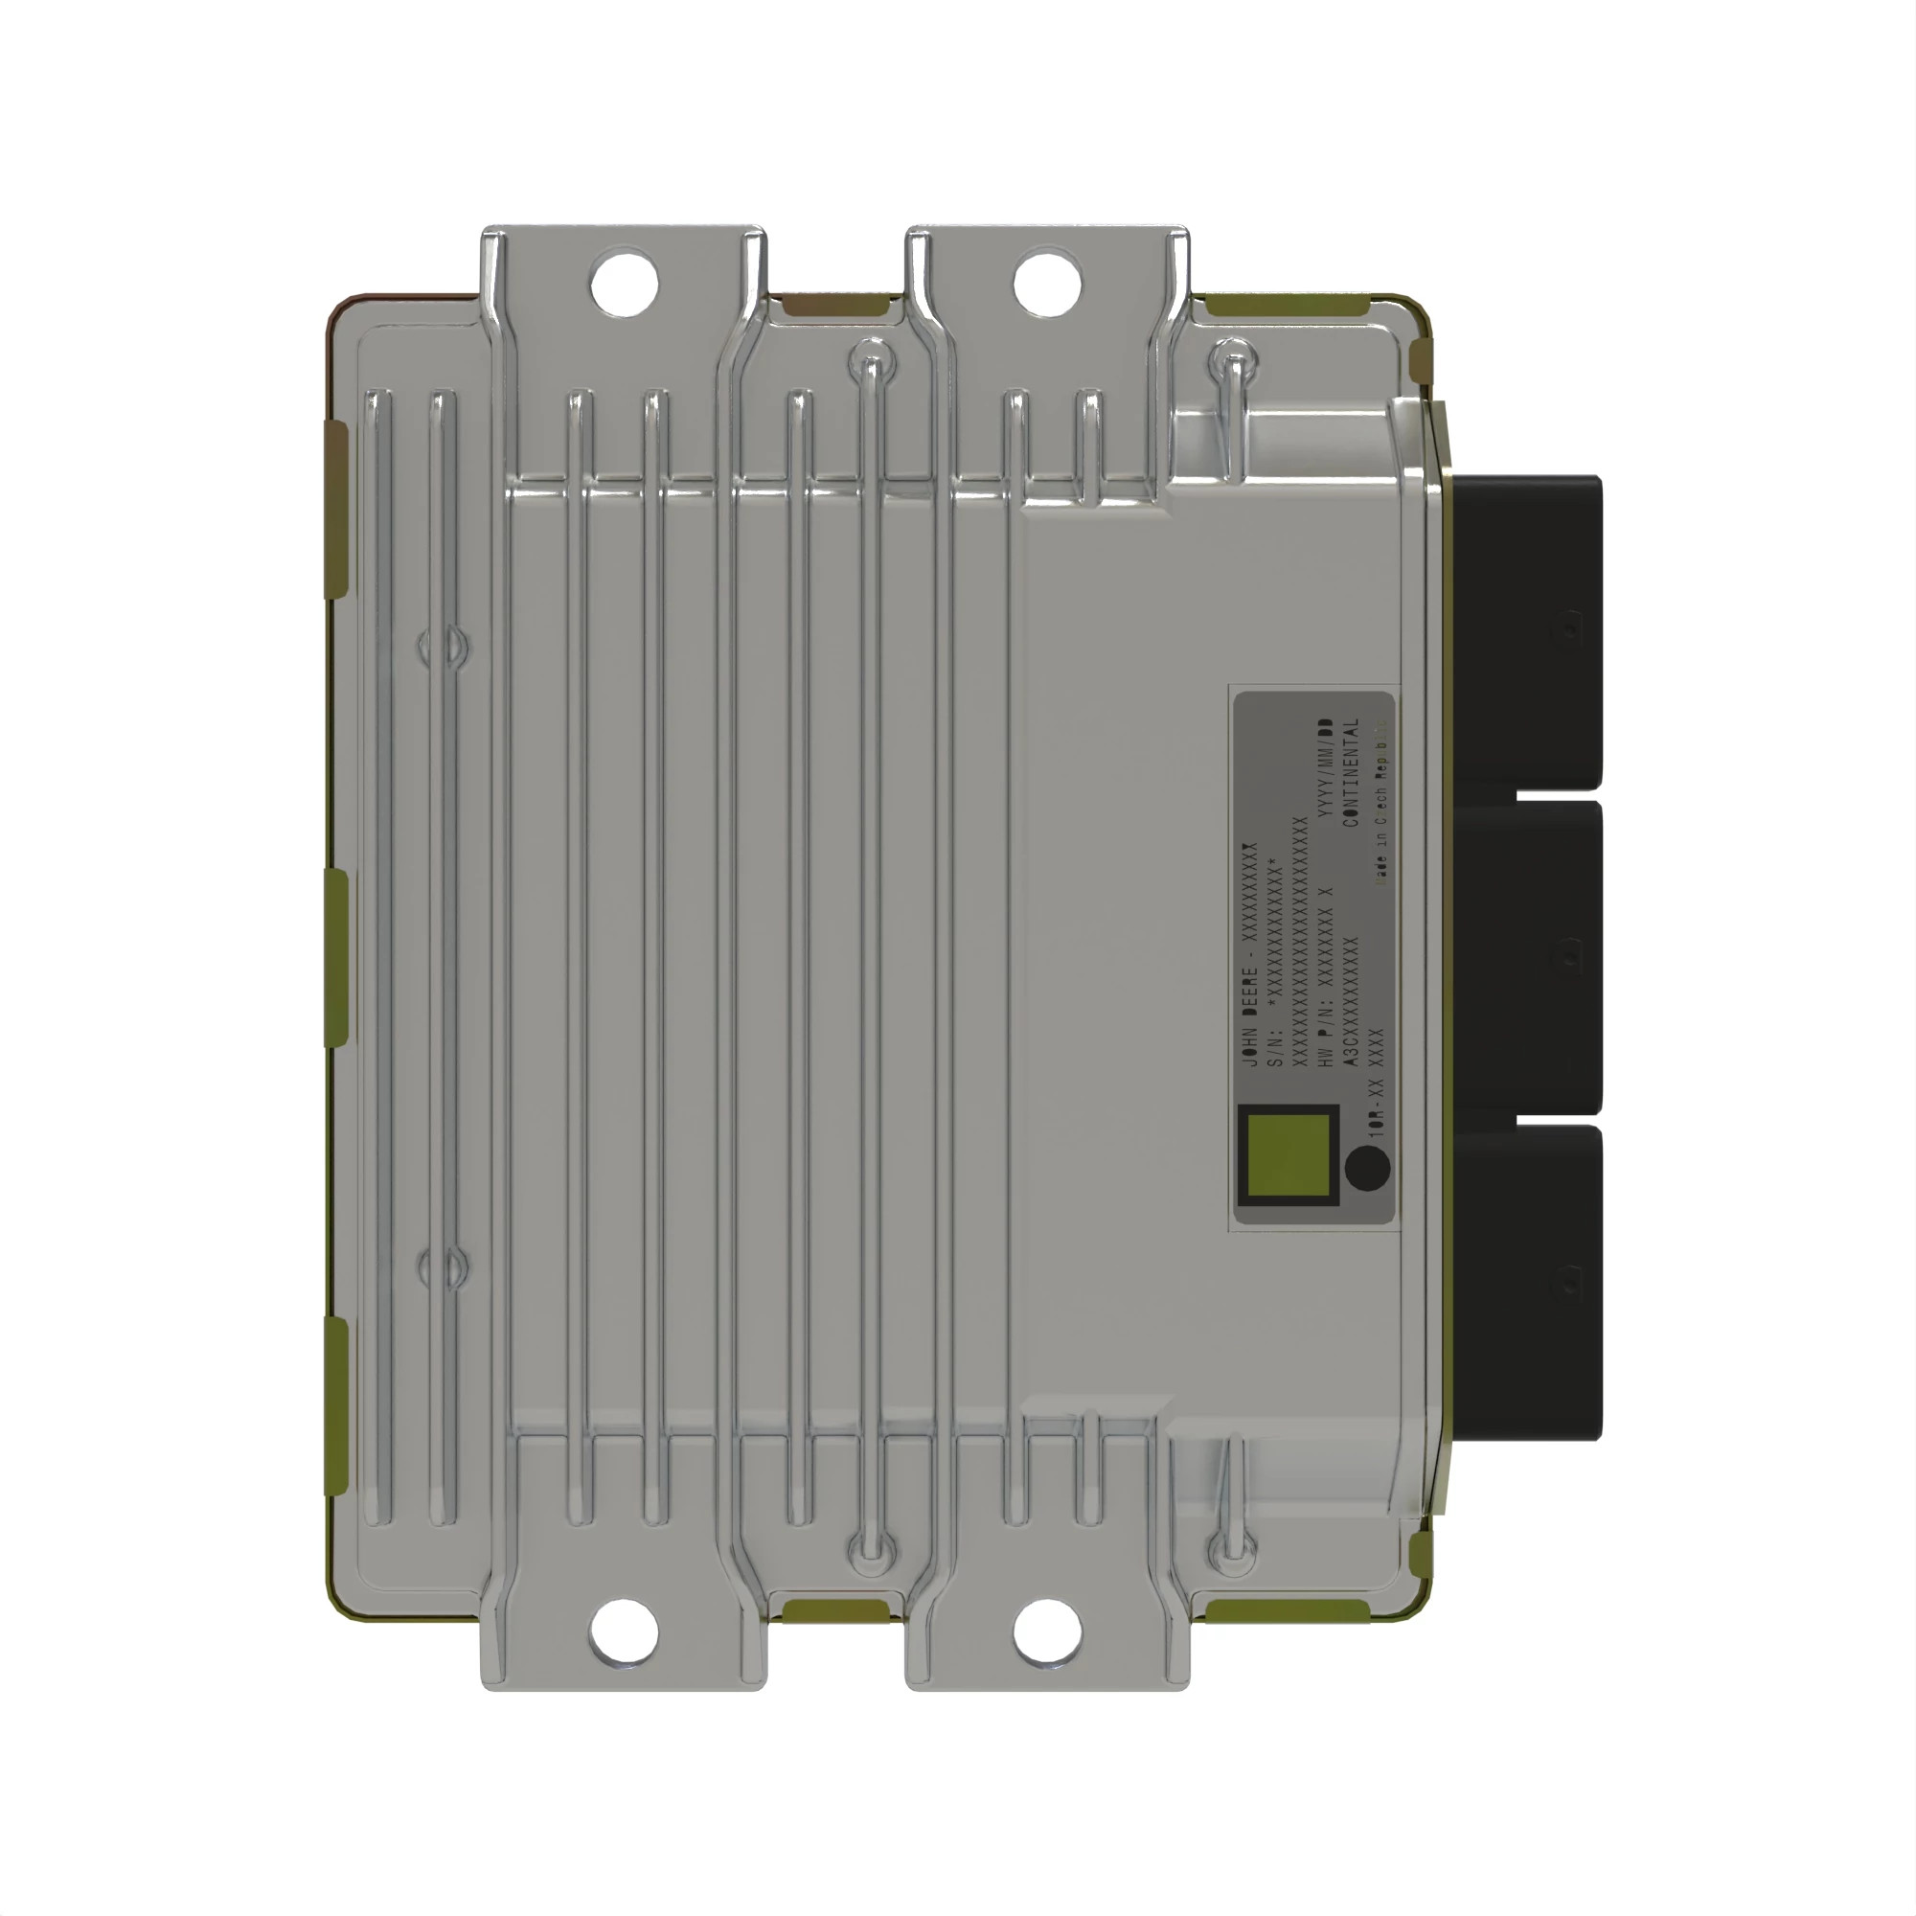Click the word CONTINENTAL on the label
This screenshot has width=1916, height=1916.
(x=1351, y=772)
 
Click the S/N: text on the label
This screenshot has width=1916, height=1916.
(x=1275, y=1045)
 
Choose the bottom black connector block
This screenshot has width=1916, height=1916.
(x=1527, y=1279)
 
